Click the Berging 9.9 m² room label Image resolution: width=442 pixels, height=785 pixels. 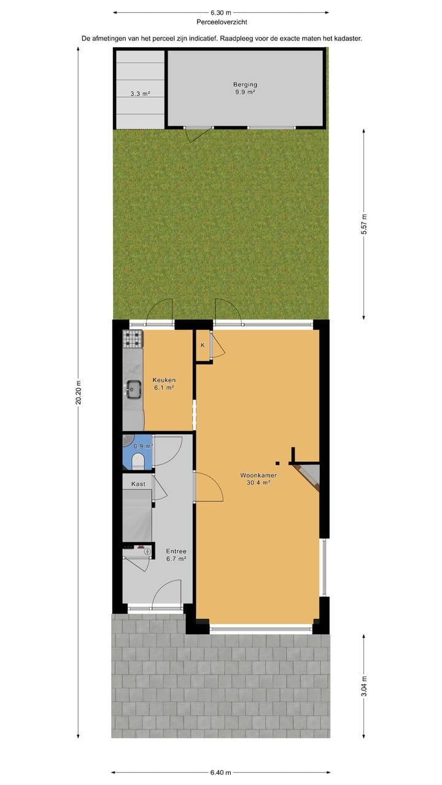[x=244, y=88]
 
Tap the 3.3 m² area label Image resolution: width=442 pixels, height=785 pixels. [x=140, y=94]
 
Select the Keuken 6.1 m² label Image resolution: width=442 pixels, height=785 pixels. [x=164, y=383]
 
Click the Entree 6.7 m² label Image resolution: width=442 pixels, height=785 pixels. [x=176, y=555]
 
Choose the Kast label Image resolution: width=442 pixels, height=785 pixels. [x=138, y=484]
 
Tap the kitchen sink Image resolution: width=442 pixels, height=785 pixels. [x=133, y=387]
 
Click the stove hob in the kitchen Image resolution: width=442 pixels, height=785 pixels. [x=132, y=339]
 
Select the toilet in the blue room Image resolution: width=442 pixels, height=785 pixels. [x=138, y=461]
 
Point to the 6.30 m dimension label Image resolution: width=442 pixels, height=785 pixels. [x=221, y=12]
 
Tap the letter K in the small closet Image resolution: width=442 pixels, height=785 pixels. [x=202, y=346]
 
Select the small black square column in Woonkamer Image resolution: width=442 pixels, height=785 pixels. [x=277, y=462]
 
